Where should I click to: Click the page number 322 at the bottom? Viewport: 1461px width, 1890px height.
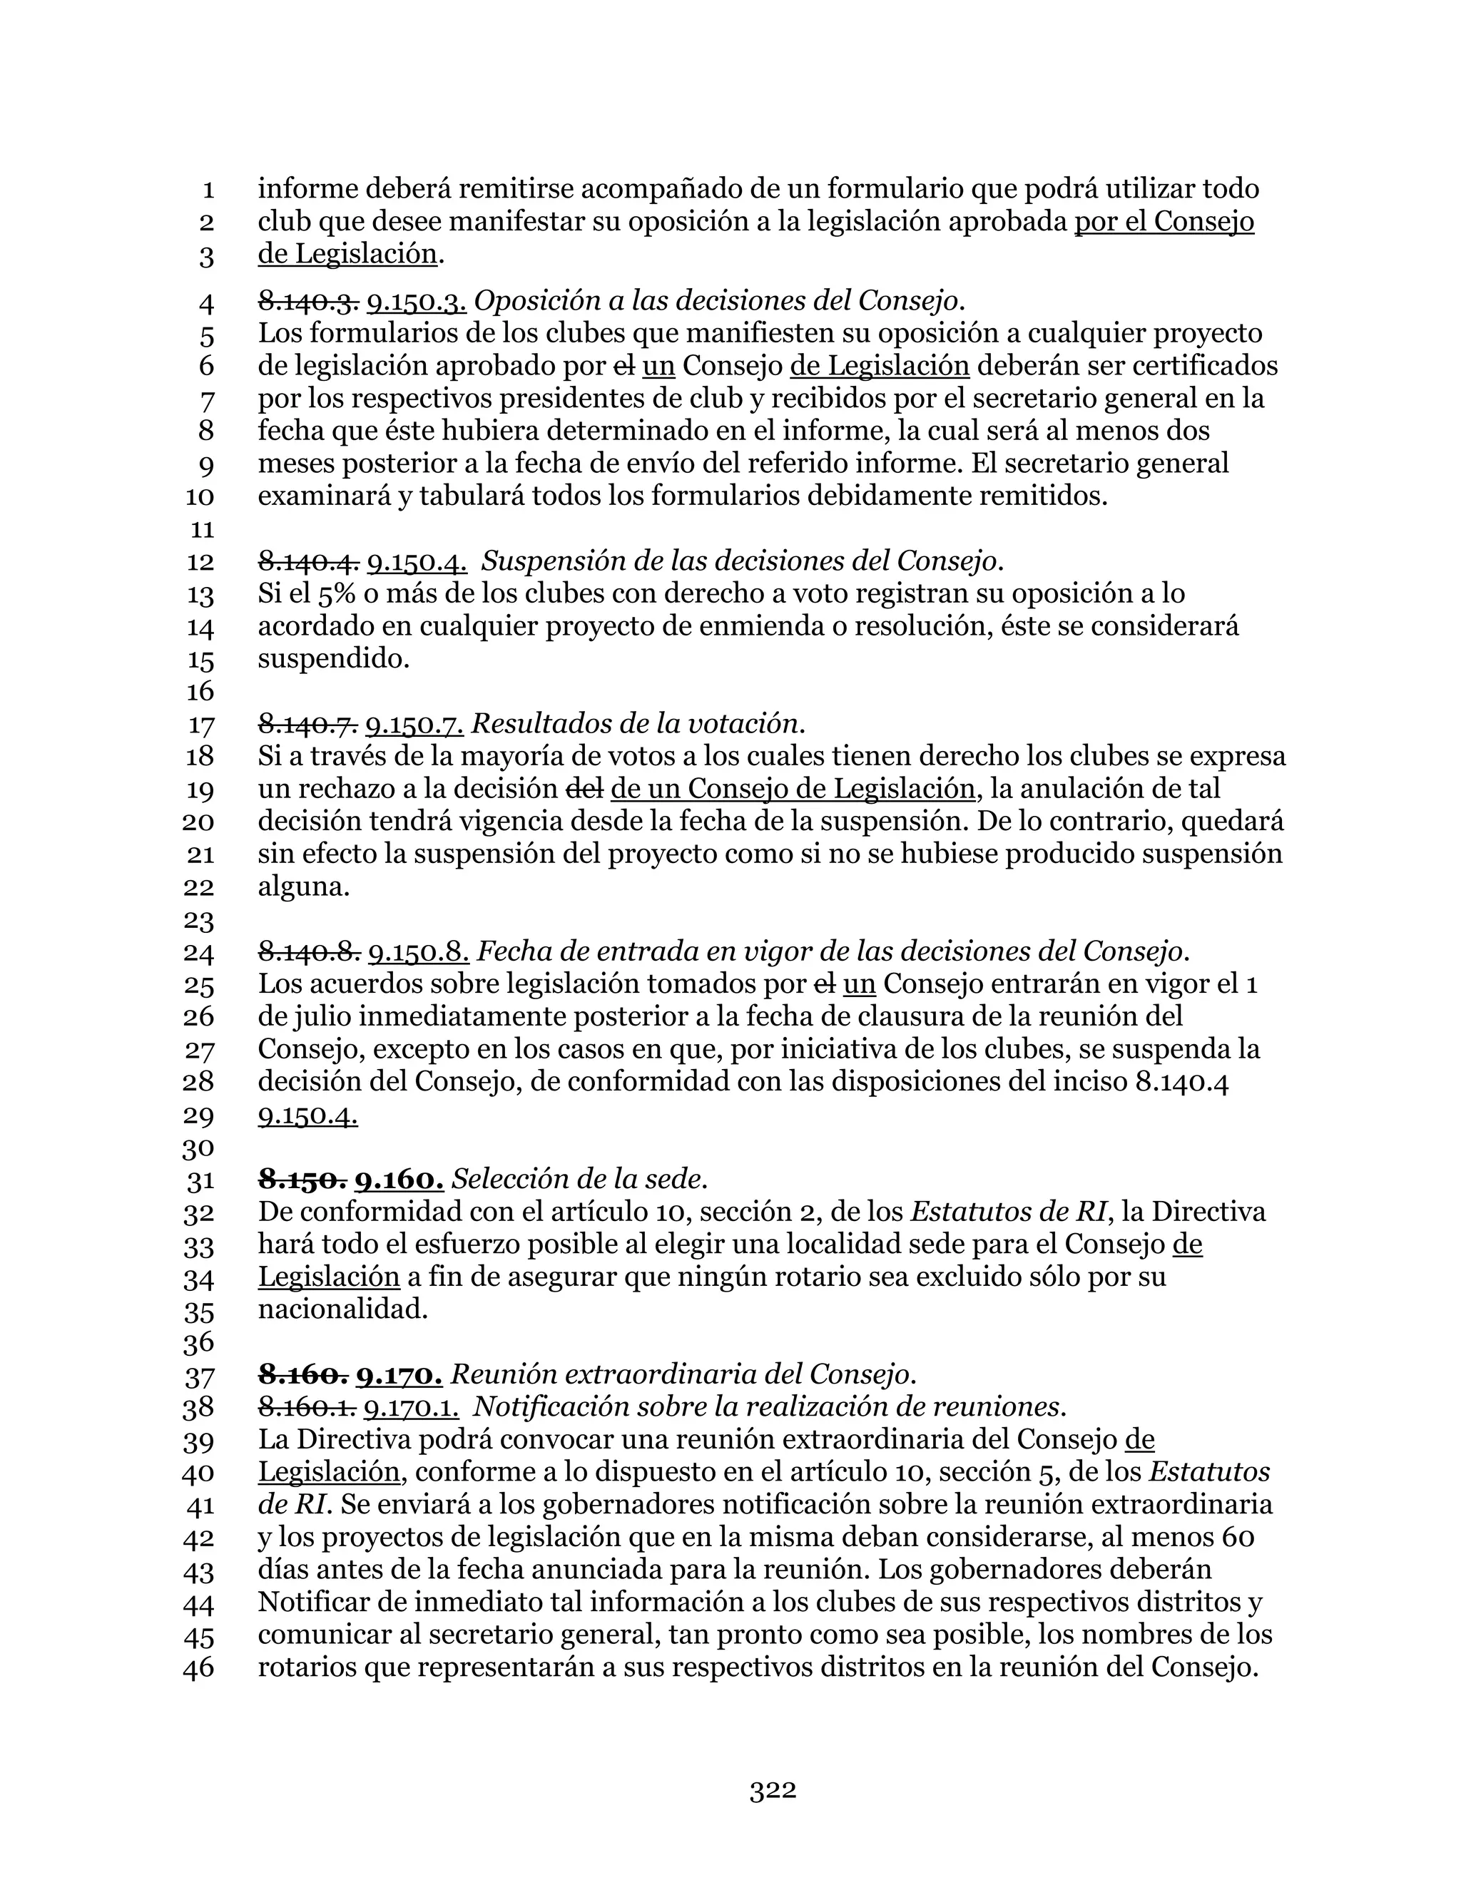[x=772, y=1790]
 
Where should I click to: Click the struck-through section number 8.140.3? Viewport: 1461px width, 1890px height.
[x=308, y=301]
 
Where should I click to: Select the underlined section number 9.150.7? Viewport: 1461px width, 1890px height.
[x=414, y=722]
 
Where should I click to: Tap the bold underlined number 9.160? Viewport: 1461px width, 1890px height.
[x=401, y=1179]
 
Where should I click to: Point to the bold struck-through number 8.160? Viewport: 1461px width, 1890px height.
[x=303, y=1374]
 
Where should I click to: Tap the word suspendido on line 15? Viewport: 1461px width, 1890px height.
[x=333, y=660]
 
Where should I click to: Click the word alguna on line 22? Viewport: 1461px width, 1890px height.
[x=303, y=887]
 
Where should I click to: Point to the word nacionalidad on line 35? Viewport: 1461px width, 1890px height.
[x=342, y=1309]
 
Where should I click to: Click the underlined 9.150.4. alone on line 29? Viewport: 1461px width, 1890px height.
[x=308, y=1116]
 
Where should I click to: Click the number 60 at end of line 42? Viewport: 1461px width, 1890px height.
[x=1236, y=1538]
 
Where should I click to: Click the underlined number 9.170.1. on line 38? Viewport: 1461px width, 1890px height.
[x=411, y=1407]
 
